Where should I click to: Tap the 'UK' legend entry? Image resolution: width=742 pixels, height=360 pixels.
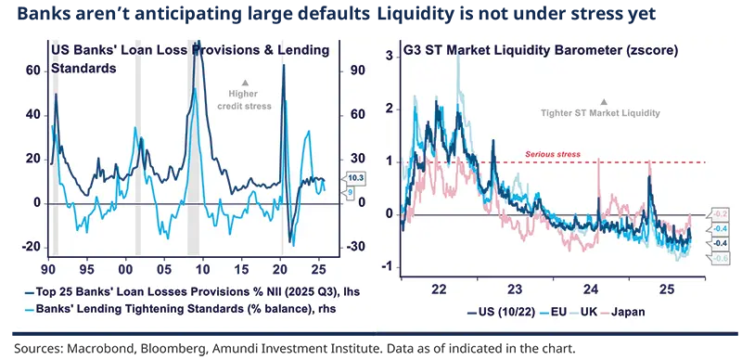tap(582, 313)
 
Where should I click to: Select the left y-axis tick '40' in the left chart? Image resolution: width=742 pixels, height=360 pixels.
tap(33, 114)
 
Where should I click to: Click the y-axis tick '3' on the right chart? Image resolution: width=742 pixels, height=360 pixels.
tap(389, 58)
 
